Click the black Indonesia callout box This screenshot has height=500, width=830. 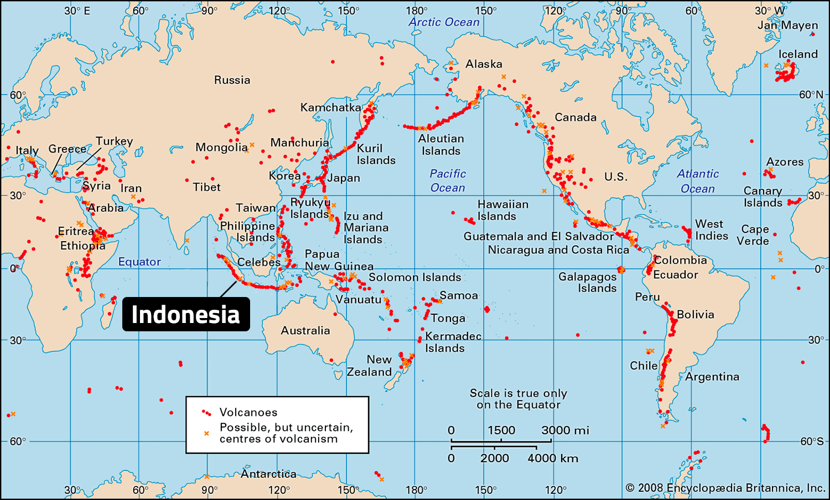pyautogui.click(x=186, y=315)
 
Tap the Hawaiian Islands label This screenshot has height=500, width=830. pyautogui.click(x=502, y=210)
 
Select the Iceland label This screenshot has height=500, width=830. pyautogui.click(x=797, y=54)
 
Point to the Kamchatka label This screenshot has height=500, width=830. pyautogui.click(x=330, y=107)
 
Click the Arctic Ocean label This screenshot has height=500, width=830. pyautogui.click(x=444, y=22)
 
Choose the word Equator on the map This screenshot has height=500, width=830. pyautogui.click(x=139, y=262)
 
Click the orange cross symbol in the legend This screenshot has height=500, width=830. pyautogui.click(x=206, y=433)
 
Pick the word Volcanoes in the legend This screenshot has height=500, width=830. pyautogui.click(x=248, y=412)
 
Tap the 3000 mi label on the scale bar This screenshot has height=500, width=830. pyautogui.click(x=565, y=430)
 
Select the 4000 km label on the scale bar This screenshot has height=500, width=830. pyautogui.click(x=552, y=458)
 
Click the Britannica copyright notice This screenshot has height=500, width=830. pyautogui.click(x=725, y=488)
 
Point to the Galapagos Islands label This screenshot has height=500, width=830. pyautogui.click(x=587, y=282)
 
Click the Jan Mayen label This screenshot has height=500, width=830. pyautogui.click(x=787, y=25)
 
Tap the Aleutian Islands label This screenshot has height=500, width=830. pyautogui.click(x=441, y=144)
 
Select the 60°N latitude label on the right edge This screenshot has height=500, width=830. pyautogui.click(x=811, y=95)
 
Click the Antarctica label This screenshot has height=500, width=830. pyautogui.click(x=268, y=474)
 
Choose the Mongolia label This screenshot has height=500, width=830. pyautogui.click(x=221, y=147)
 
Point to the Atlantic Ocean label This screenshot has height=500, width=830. pyautogui.click(x=698, y=181)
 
